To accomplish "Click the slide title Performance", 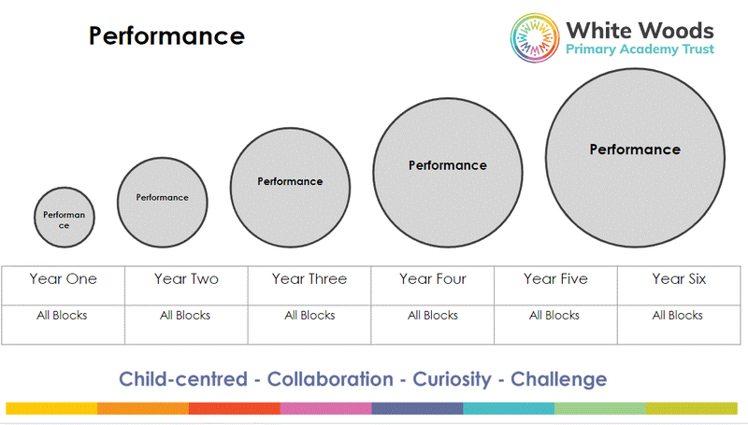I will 166,35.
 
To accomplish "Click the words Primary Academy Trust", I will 640,51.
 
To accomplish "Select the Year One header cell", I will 63,279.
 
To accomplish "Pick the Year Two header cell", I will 185,279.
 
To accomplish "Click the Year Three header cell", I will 309,279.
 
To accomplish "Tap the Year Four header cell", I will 433,279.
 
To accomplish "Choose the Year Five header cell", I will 555,279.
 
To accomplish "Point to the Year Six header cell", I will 679,279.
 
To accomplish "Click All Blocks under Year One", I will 63,316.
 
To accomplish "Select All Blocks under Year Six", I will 678,316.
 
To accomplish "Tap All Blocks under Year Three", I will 309,316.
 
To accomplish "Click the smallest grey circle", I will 65,218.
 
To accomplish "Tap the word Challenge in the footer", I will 560,379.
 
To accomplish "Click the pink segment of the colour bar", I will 325,408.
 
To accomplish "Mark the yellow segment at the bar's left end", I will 51,408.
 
